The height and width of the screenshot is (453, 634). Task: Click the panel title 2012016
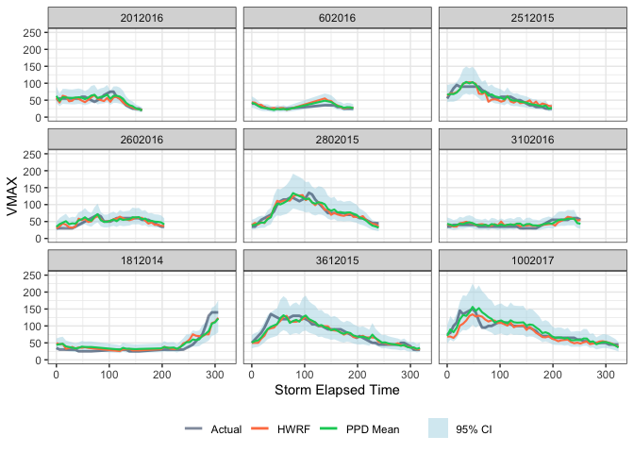click(x=140, y=17)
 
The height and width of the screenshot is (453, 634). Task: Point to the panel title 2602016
click(x=140, y=138)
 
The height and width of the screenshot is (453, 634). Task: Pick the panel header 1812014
click(x=140, y=259)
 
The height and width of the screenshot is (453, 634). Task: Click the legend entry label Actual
click(x=225, y=429)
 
